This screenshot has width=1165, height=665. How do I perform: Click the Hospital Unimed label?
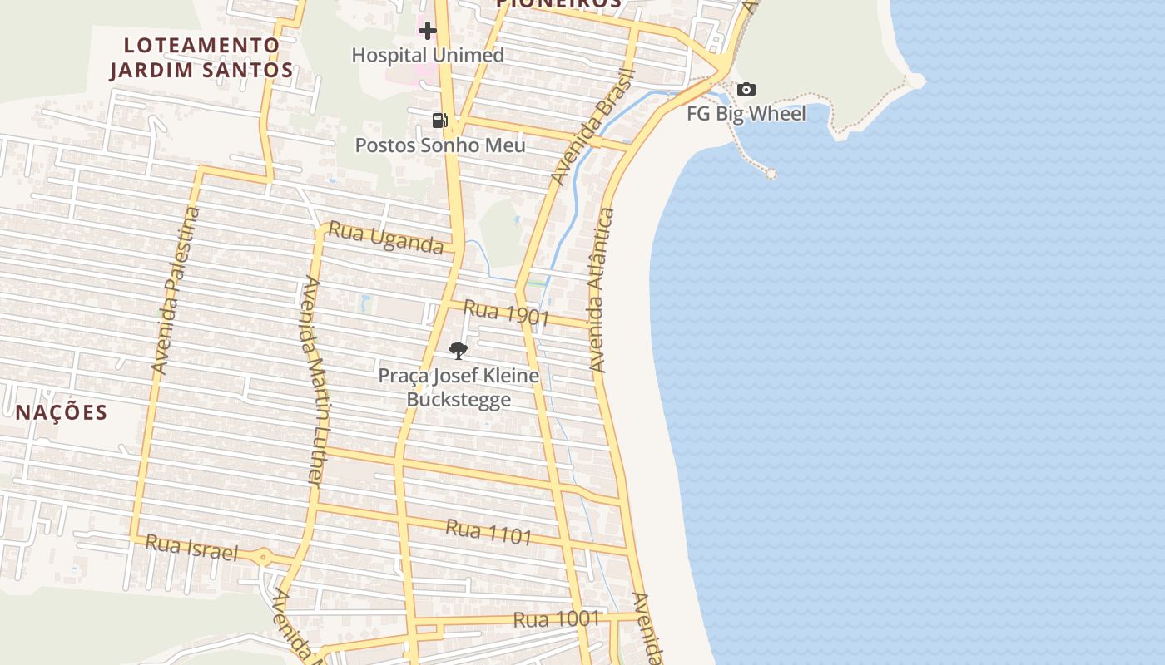coord(428,56)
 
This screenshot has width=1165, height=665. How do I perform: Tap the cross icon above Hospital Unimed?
coord(428,32)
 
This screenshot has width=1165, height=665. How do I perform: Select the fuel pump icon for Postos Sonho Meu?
coord(439,121)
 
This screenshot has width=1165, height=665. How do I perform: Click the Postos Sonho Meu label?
coord(440,145)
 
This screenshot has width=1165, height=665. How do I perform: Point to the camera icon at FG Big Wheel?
coord(746,89)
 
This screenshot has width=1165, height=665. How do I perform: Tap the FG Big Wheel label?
coord(746,114)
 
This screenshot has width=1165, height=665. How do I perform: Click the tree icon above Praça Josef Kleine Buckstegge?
coord(458,351)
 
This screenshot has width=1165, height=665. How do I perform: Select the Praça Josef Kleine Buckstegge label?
coord(459,387)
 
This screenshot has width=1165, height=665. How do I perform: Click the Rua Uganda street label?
coord(385,238)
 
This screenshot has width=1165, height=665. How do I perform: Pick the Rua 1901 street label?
coord(506,313)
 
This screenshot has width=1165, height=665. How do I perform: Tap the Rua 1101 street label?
coord(488,531)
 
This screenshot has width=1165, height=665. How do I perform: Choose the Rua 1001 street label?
coord(556,619)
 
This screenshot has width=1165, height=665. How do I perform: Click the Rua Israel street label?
coord(191,548)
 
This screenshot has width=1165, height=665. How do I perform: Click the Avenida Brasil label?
coord(592,128)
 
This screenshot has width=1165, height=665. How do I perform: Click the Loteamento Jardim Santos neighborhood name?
coord(201,57)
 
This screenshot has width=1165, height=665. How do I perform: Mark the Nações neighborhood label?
coord(62,412)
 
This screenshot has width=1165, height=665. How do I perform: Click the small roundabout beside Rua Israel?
coord(264,558)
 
